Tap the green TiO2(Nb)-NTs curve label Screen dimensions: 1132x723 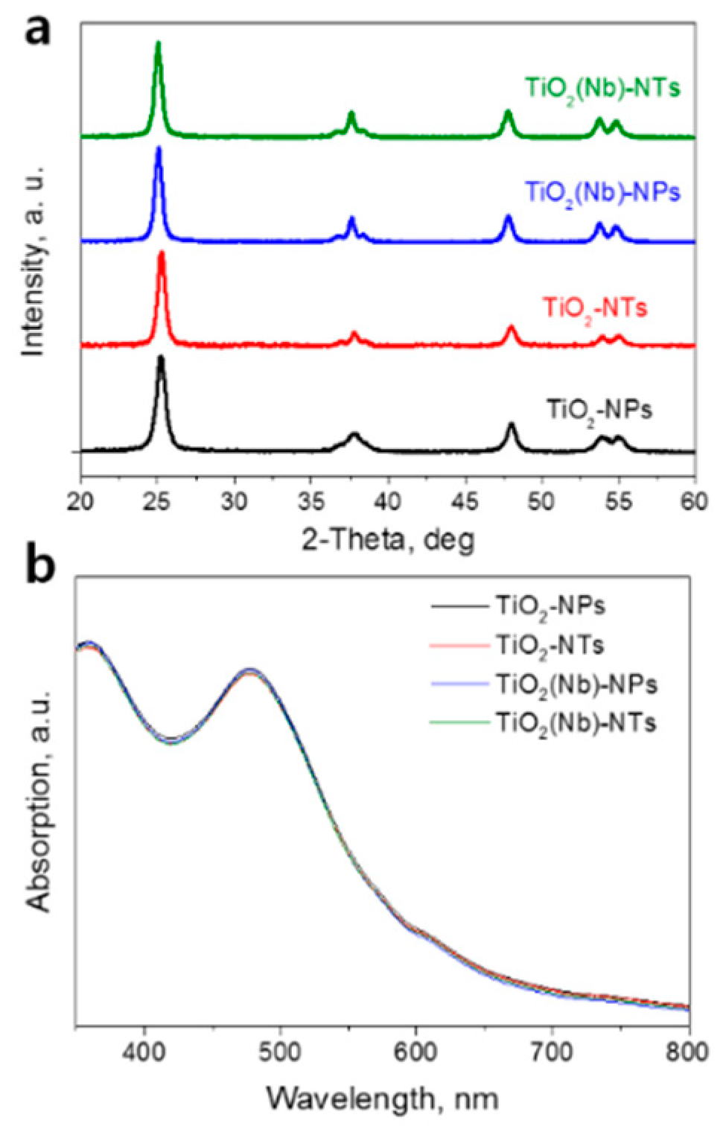(602, 89)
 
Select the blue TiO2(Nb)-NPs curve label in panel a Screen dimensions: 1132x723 (602, 193)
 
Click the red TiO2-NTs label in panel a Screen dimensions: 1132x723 (594, 308)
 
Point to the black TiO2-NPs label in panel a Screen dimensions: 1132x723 (599, 410)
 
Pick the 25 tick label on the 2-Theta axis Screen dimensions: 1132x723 (157, 501)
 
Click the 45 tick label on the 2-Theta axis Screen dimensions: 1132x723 (465, 501)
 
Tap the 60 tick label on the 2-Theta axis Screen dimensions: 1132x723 (693, 501)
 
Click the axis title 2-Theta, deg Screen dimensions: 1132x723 (387, 538)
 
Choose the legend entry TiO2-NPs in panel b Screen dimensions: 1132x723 (550, 606)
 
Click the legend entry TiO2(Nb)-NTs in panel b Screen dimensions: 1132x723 (576, 722)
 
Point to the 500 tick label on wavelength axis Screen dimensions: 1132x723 (280, 1052)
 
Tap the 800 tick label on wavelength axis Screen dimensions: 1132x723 (687, 1052)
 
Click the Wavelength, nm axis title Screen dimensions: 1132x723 (382, 1098)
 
